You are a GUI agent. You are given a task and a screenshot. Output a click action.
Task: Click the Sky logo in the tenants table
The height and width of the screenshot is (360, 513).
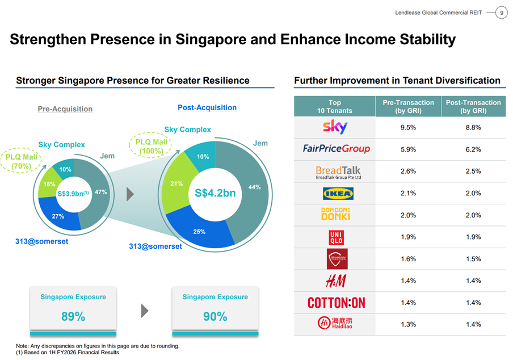(335, 127)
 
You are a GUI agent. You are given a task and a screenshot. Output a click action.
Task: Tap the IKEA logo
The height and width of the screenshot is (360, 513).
(337, 194)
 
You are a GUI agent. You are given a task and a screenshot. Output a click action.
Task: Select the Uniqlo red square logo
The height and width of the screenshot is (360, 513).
(336, 237)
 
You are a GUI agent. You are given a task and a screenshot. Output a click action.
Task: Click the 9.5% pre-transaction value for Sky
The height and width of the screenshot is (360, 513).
(408, 128)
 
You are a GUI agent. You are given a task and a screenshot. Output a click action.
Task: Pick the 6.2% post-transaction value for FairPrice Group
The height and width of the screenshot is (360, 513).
(473, 149)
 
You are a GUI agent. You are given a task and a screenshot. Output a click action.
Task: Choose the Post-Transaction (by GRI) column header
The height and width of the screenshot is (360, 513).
(473, 107)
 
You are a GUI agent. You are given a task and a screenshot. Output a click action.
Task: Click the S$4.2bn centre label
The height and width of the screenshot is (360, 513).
(215, 194)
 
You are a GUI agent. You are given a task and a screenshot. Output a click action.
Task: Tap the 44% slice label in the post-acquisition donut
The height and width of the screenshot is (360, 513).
(255, 187)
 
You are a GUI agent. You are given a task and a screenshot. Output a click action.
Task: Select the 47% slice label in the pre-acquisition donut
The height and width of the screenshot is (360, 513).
(101, 192)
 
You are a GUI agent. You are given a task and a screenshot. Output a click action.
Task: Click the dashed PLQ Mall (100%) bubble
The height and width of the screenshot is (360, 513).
(152, 146)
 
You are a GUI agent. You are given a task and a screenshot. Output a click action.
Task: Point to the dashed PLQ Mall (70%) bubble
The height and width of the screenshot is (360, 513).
(22, 162)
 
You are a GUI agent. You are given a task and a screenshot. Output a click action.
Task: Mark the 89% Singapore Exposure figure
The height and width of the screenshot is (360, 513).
(73, 317)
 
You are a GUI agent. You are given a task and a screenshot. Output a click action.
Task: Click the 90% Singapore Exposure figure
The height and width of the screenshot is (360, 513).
(215, 317)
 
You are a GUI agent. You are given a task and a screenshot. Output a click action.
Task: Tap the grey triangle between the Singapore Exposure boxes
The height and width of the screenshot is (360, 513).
(145, 311)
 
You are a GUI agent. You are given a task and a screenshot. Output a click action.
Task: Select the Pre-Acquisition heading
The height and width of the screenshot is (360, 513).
(65, 108)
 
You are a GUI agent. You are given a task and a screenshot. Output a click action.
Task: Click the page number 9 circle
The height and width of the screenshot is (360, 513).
(502, 12)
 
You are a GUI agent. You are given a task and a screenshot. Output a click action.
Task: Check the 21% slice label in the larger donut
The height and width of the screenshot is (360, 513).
(176, 183)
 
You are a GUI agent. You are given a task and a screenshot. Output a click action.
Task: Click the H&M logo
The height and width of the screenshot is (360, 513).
(335, 281)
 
